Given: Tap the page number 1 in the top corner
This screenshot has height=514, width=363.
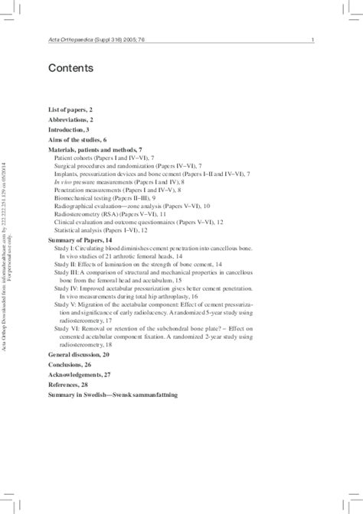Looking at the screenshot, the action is click(x=315, y=40).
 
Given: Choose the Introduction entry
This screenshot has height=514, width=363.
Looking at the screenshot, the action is click(x=68, y=131).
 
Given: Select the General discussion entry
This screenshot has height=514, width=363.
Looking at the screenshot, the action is click(x=78, y=356).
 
